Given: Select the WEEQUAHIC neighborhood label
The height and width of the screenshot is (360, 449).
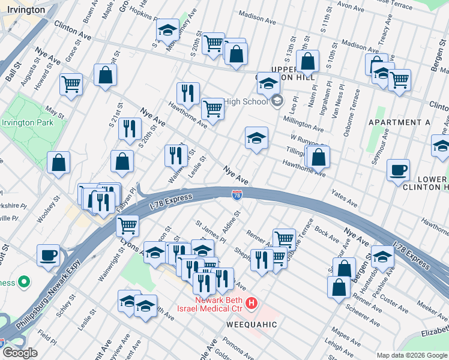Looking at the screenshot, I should (252, 325).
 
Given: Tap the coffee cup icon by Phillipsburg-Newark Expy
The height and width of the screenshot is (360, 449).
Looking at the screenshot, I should (48, 254).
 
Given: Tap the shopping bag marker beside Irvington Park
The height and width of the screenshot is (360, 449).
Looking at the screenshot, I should (59, 163).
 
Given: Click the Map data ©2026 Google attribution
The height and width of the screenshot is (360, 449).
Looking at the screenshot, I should (411, 355).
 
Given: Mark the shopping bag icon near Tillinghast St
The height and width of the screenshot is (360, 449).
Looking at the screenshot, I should (319, 157).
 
